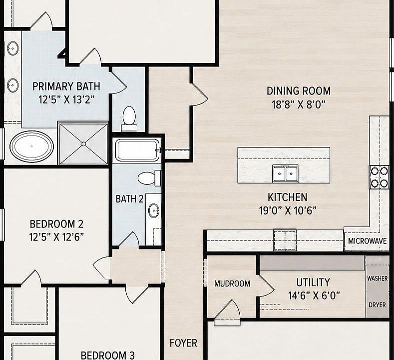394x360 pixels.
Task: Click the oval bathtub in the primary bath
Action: click(x=31, y=146)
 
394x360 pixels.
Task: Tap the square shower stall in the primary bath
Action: click(x=83, y=143)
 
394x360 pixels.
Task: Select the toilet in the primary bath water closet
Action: click(x=129, y=118)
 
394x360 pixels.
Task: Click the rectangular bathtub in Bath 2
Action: click(x=138, y=150)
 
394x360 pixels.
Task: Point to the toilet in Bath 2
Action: click(x=149, y=178)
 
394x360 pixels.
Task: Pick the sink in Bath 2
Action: click(x=154, y=210)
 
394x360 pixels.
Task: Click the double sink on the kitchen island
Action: click(x=285, y=173)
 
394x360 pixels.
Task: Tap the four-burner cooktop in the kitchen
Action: click(x=379, y=177)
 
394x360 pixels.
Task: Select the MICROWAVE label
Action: click(x=367, y=241)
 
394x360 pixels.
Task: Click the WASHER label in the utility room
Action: click(x=377, y=278)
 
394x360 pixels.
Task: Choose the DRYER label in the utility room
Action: click(x=377, y=305)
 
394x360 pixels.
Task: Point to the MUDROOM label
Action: click(x=232, y=284)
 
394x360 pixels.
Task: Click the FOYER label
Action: click(x=183, y=343)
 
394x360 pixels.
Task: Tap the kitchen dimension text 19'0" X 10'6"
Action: click(x=288, y=210)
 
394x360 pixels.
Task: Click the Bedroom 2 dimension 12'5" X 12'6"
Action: click(x=56, y=236)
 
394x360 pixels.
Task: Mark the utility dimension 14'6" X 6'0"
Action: click(x=314, y=295)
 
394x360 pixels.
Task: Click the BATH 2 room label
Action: click(x=129, y=199)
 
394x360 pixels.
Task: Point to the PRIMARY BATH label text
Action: click(x=66, y=86)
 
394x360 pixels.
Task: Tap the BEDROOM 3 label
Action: click(x=107, y=355)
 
